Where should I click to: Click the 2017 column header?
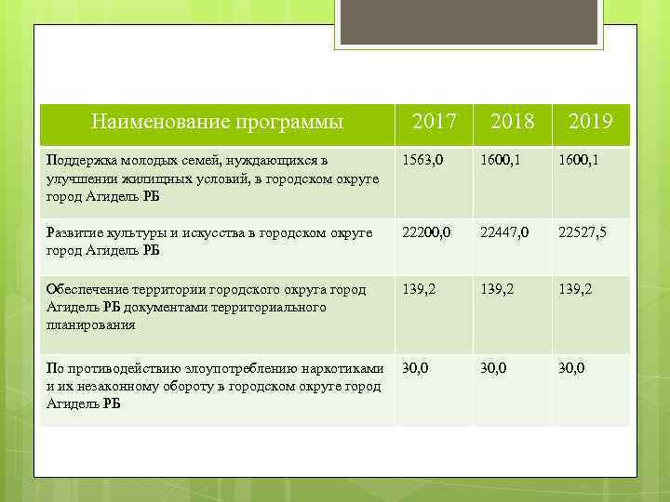point(434,122)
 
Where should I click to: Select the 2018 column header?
point(512,122)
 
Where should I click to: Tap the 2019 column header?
point(590,122)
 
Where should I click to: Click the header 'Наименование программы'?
point(217,122)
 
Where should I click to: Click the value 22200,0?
point(427,232)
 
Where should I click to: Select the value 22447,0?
point(505,232)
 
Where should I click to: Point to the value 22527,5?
point(583,232)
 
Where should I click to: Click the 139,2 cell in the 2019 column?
point(575,289)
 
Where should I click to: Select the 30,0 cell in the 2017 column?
point(415,368)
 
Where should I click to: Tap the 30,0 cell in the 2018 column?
point(493,368)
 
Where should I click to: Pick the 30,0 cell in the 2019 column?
point(571,368)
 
